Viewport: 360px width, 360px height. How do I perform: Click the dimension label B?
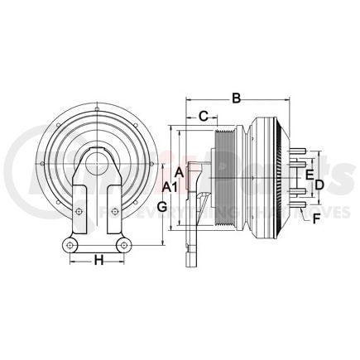click(236, 99)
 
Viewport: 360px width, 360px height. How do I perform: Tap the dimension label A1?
click(169, 187)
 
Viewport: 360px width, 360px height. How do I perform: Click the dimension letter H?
click(98, 261)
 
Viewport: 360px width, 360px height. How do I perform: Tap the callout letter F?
click(315, 218)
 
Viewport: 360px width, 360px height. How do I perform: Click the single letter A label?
click(180, 172)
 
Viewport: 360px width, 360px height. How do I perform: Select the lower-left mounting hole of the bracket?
click(70, 247)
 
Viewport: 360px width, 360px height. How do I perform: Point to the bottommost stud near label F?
click(300, 204)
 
